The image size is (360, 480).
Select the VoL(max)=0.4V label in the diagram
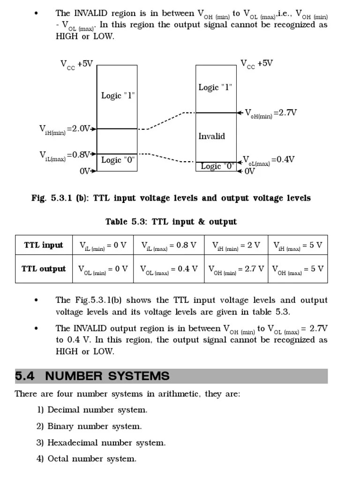tap(269, 160)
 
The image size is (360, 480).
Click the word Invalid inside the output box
tap(211, 136)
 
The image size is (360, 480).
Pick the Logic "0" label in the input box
tap(118, 160)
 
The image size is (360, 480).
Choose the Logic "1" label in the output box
tap(215, 87)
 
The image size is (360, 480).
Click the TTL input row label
tap(44, 245)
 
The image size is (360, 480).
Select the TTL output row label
tap(44, 269)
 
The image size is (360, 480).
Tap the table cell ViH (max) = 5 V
tap(298, 246)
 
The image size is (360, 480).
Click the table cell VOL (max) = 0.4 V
tap(169, 270)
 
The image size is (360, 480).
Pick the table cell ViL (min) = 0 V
tap(103, 246)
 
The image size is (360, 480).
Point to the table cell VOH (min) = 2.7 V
tap(236, 270)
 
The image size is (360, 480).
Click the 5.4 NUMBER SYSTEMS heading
tap(92, 376)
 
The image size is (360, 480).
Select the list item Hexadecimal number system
tap(106, 442)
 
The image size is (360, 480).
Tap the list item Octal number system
tap(91, 459)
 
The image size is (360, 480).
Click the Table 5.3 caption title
tap(171, 222)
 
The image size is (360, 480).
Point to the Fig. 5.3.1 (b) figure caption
tap(171, 198)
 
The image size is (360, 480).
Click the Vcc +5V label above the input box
tap(76, 64)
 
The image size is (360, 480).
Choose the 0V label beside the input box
tap(85, 171)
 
